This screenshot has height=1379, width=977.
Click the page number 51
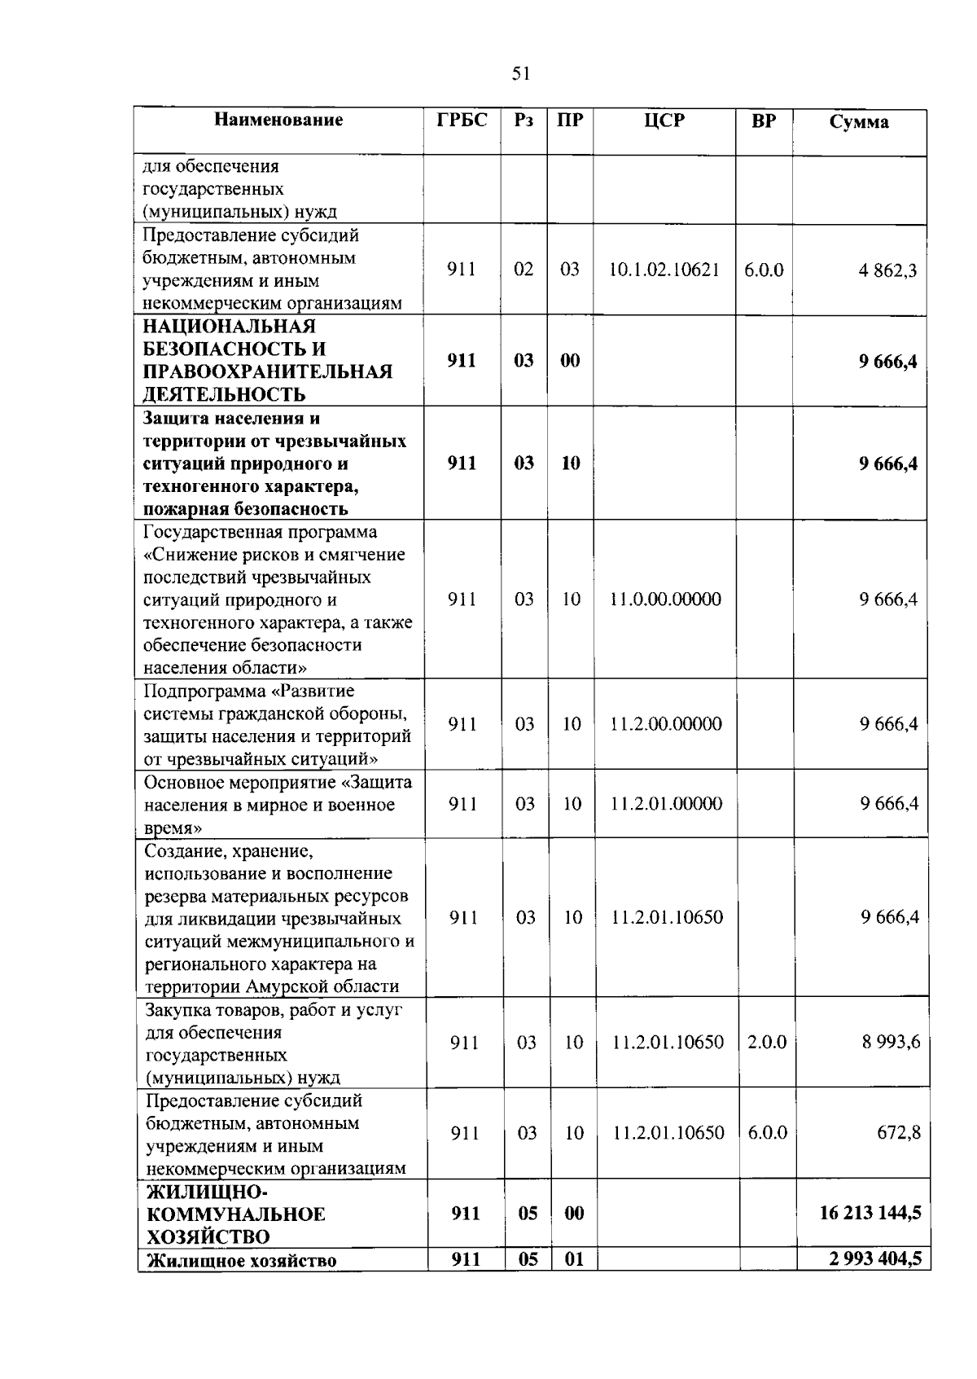(521, 74)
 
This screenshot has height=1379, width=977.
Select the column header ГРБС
(462, 121)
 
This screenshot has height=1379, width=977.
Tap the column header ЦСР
(664, 121)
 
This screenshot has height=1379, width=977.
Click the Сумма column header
(859, 122)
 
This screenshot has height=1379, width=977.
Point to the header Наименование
(278, 121)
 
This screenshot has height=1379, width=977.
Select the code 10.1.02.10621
(664, 270)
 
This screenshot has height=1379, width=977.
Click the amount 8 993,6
(892, 1042)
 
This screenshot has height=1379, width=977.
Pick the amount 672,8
(899, 1132)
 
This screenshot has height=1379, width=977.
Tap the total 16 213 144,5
(870, 1213)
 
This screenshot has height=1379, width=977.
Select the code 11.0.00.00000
(665, 599)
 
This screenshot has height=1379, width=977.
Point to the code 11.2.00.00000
(666, 724)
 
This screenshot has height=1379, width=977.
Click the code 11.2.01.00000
(667, 804)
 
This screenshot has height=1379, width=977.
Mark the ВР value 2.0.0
(767, 1042)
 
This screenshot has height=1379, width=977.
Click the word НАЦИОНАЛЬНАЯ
(229, 327)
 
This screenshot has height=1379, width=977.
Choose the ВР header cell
(764, 121)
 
